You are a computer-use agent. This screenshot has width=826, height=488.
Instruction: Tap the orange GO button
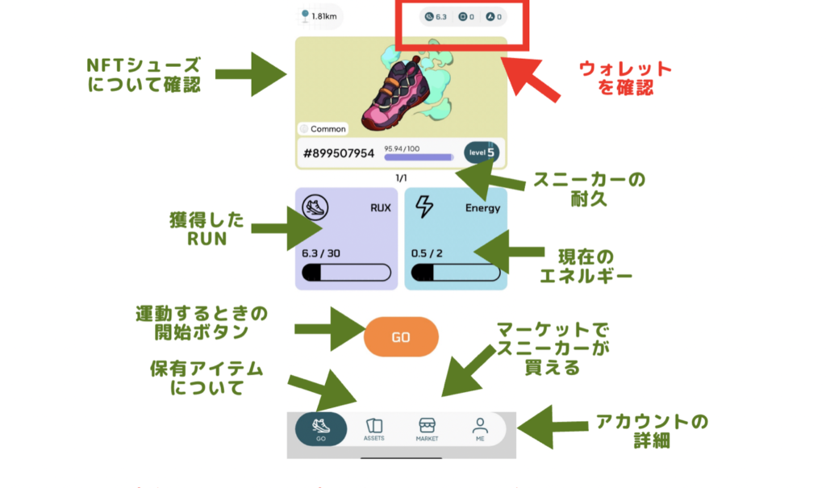[x=401, y=337]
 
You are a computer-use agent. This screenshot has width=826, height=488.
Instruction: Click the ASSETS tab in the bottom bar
[x=373, y=429]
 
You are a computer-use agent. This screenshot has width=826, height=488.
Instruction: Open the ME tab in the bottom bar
[x=480, y=429]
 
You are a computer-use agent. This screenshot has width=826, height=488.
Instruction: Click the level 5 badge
[x=482, y=152]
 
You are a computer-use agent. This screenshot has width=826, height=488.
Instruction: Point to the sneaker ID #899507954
[x=339, y=152]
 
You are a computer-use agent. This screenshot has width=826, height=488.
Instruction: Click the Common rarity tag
[x=323, y=129]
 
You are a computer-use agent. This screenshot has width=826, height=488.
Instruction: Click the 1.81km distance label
[x=319, y=15]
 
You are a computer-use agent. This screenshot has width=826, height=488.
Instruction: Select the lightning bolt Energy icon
[x=423, y=207]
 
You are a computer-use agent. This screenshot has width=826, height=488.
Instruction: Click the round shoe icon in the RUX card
[x=315, y=207]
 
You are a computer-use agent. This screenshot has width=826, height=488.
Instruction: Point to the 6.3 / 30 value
[x=321, y=253]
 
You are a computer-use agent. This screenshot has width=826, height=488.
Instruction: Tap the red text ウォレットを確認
[x=626, y=78]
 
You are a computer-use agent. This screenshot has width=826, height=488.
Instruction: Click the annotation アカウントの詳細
[x=652, y=431]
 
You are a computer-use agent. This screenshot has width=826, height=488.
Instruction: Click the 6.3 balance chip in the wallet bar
[x=436, y=16]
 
